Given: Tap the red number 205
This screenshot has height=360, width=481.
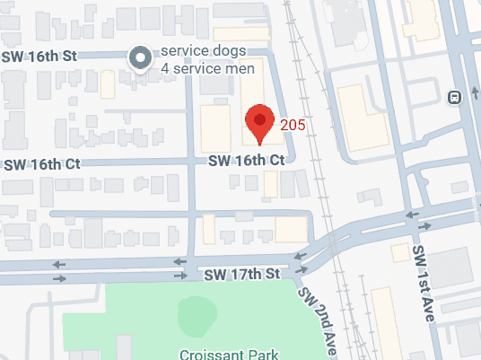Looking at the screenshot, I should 293,125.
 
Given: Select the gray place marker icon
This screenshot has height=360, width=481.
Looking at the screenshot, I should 140,59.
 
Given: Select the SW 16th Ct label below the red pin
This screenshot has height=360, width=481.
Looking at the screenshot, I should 246,160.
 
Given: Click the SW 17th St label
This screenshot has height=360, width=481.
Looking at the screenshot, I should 242,272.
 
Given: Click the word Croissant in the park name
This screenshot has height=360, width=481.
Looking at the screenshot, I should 209,354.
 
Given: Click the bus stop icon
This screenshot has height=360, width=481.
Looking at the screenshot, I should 455,96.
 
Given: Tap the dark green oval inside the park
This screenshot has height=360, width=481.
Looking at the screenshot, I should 197,314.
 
